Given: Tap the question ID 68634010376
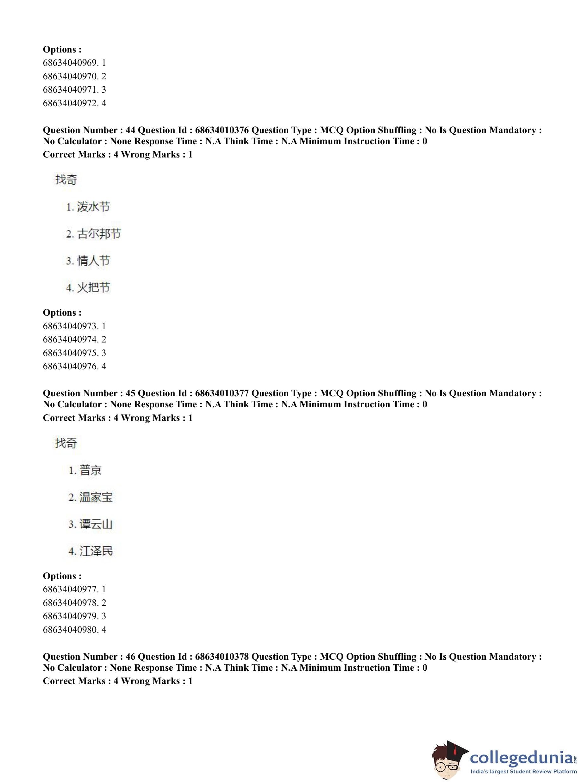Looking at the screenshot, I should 222,130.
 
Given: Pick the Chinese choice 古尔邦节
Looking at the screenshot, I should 99,234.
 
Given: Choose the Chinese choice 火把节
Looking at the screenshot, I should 93,287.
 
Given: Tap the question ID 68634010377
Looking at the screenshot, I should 222,393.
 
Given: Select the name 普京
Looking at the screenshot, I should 91,470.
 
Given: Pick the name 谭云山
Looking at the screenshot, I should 96,524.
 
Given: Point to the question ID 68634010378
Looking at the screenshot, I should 222,657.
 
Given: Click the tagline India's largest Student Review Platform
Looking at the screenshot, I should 524,771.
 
